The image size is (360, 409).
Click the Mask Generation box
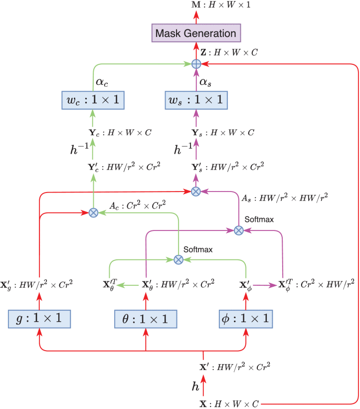[195, 33]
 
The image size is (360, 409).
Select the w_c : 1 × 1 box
[92, 100]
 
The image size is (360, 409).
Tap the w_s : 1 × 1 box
[195, 100]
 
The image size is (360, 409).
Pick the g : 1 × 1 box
[39, 318]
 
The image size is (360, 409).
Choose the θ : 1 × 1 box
[146, 318]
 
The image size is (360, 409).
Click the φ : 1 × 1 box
[245, 318]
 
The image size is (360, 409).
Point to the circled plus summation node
[196, 64]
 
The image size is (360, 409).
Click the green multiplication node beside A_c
[92, 213]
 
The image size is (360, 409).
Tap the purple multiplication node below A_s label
[238, 230]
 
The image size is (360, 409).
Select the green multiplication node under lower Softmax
[178, 259]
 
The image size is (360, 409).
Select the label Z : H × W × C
[228, 52]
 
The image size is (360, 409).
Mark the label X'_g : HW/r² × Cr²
[39, 285]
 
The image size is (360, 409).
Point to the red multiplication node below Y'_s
[196, 191]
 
